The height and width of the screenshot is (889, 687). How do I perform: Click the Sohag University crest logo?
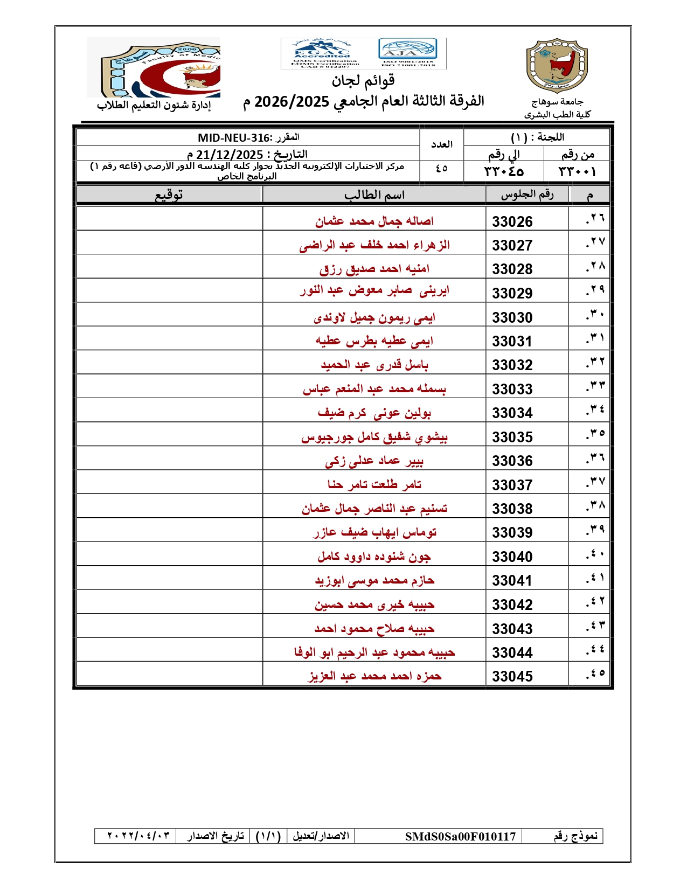(556, 66)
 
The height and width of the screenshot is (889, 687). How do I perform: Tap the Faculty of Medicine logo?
(154, 67)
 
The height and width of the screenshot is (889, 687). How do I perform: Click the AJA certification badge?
(408, 53)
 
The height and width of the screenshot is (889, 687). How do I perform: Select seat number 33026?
(512, 221)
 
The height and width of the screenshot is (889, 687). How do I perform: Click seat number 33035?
(512, 437)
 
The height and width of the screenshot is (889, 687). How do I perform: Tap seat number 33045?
(512, 676)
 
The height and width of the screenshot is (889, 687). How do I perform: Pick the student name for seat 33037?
(374, 484)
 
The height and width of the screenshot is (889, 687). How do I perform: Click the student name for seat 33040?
(374, 556)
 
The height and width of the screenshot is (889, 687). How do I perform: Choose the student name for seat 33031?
(374, 341)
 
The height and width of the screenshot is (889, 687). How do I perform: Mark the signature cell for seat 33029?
(170, 290)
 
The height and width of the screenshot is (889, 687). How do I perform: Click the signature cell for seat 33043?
(170, 628)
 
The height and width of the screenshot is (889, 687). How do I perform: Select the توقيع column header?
(169, 195)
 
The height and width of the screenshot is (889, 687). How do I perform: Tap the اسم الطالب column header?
(374, 195)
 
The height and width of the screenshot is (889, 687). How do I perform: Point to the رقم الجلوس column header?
(527, 195)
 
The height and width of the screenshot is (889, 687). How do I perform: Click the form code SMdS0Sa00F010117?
(460, 836)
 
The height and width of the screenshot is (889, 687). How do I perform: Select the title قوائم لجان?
(363, 81)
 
